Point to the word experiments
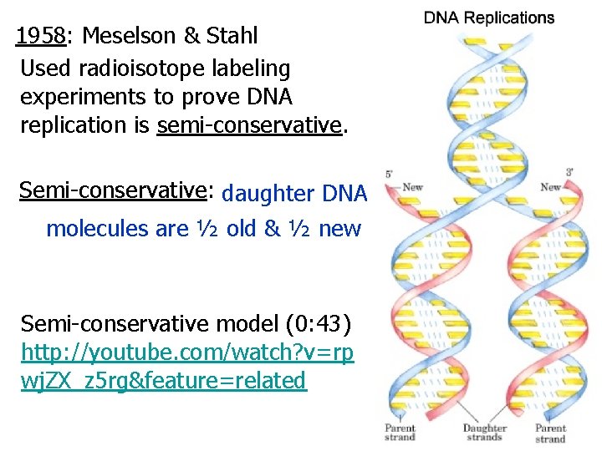83,97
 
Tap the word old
242,228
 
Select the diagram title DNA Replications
489,18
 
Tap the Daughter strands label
485,433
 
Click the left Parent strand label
400,433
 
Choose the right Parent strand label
550,433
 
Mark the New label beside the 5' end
412,187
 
